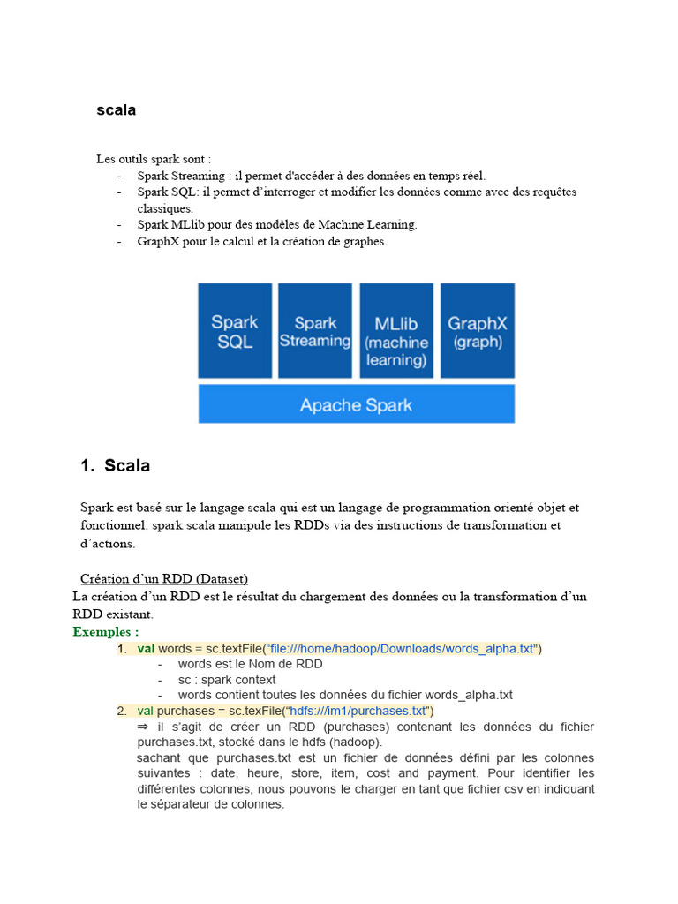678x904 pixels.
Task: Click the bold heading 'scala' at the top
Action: [116, 110]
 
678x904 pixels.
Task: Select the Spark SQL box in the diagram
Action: [234, 330]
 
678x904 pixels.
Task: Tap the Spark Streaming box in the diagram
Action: [315, 330]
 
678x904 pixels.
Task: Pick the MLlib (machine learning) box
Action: [396, 330]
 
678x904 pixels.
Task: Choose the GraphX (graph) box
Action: [477, 330]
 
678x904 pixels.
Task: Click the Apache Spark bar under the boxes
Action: [356, 405]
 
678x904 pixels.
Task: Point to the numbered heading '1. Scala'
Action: [116, 465]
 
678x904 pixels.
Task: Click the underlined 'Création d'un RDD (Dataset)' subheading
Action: [164, 578]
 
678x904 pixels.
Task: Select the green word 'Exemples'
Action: [102, 631]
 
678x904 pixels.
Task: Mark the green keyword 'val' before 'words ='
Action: [146, 649]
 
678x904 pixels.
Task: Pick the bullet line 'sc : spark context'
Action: [227, 680]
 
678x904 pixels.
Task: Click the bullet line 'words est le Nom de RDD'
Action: [250, 664]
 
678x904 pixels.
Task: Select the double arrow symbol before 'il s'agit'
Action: [144, 727]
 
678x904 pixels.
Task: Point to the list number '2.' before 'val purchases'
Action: [123, 711]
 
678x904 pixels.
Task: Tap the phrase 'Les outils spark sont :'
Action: [154, 159]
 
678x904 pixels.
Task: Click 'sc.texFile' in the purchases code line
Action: [250, 711]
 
